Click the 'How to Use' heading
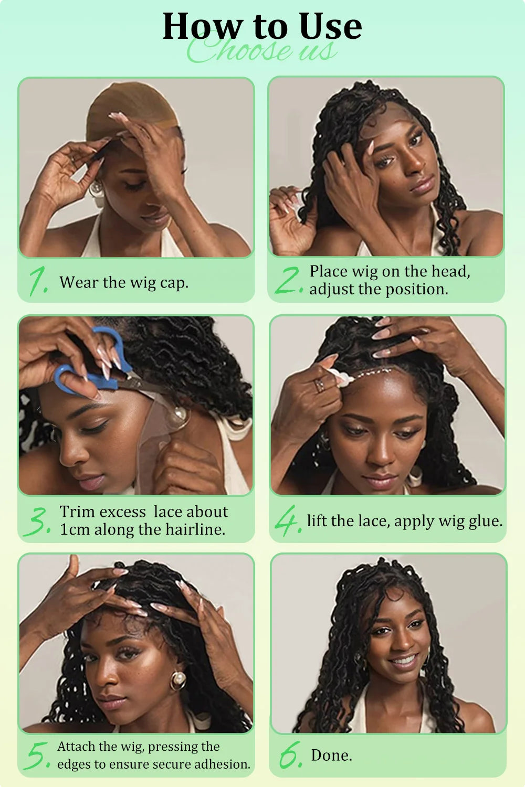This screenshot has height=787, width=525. tap(262, 26)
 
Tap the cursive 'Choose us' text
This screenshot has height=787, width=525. tap(262, 51)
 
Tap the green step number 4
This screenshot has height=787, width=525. tap(288, 520)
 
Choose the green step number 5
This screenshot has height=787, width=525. tap(38, 756)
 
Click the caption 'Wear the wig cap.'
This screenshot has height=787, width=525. tap(124, 282)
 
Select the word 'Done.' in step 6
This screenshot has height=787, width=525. tap(331, 755)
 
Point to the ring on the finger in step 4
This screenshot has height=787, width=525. tap(319, 386)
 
